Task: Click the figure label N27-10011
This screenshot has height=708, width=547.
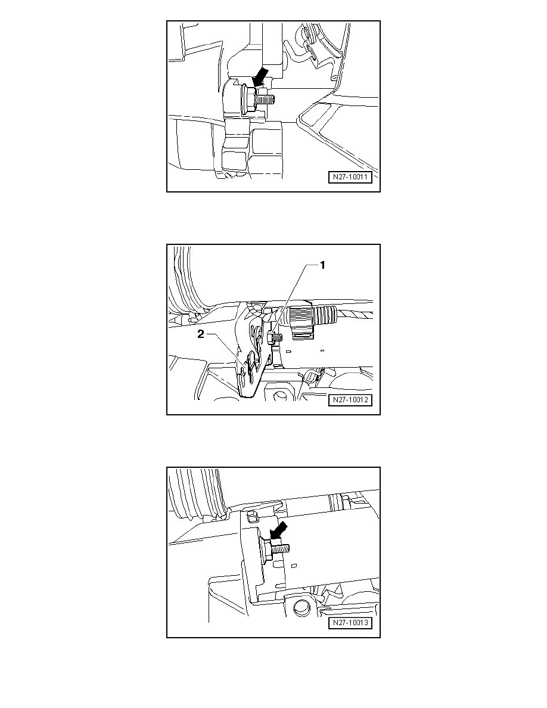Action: tap(350, 177)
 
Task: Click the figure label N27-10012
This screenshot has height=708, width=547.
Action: tap(350, 400)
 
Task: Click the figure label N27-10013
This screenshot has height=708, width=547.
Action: tap(350, 623)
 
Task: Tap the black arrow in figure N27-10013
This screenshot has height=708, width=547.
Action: tap(278, 530)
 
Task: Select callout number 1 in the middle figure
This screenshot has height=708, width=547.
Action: tap(322, 266)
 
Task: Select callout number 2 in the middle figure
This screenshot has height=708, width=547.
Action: tap(201, 334)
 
